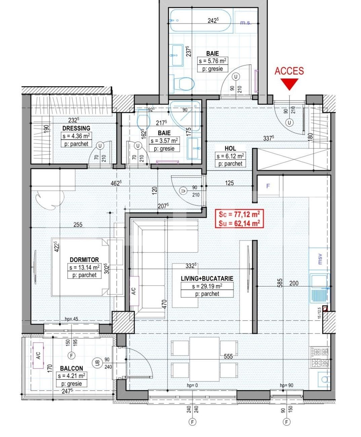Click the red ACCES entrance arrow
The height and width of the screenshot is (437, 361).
coord(289,84)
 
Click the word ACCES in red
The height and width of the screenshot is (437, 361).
coord(289,71)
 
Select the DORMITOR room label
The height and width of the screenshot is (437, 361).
coord(84,260)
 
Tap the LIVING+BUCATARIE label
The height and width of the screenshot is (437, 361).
coord(207,278)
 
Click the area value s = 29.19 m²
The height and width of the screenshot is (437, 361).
coord(207,286)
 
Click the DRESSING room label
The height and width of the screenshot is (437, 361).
coord(76,128)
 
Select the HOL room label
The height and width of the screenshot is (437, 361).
coord(230,148)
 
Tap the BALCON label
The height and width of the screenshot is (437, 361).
coord(71,368)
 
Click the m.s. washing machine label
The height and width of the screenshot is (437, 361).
coord(246,23)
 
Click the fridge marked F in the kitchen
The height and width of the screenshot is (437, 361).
coord(268,186)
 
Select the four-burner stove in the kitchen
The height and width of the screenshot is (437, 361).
coord(319,357)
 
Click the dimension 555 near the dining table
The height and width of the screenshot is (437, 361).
coord(228,356)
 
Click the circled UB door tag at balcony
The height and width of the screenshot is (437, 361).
coord(97,363)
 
